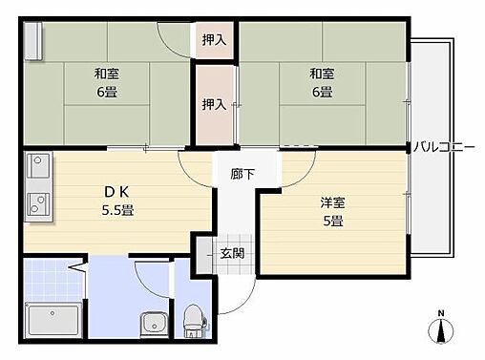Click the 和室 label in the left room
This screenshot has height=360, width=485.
point(107,74)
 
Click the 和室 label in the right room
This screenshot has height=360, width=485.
point(321,74)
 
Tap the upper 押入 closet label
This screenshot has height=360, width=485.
point(214,40)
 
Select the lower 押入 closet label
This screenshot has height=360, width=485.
point(214,103)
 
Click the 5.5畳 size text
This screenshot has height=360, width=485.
point(118,210)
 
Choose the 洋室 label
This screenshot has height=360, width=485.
point(331,202)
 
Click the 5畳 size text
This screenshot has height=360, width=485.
point(331,222)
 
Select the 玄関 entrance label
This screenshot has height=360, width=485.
point(232,253)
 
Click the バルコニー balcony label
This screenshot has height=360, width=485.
point(447,147)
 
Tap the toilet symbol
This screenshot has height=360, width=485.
point(194,319)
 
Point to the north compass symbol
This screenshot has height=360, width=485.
point(440,329)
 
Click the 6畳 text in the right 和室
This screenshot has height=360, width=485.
point(321,93)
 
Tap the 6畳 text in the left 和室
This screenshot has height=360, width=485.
point(107,93)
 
